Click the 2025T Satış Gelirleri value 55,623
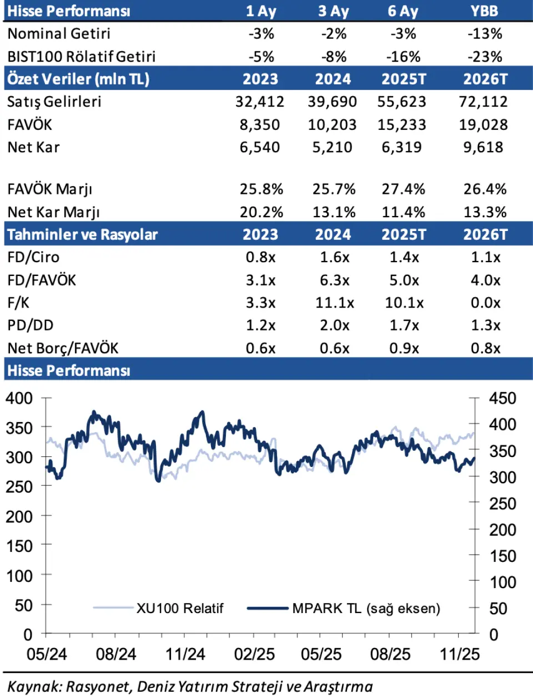401,102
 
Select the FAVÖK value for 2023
260,124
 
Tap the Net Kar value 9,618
483,147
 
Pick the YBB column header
484,11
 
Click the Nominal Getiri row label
59,34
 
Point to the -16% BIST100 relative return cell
403,57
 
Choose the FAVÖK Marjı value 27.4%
403,189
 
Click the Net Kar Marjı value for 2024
333,212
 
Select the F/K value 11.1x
334,303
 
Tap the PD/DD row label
31,325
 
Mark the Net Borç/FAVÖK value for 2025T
404,348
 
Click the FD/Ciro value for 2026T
485,257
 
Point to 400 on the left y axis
19,398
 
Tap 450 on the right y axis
502,398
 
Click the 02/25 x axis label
254,654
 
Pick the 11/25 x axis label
460,654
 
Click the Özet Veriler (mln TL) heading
78,79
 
